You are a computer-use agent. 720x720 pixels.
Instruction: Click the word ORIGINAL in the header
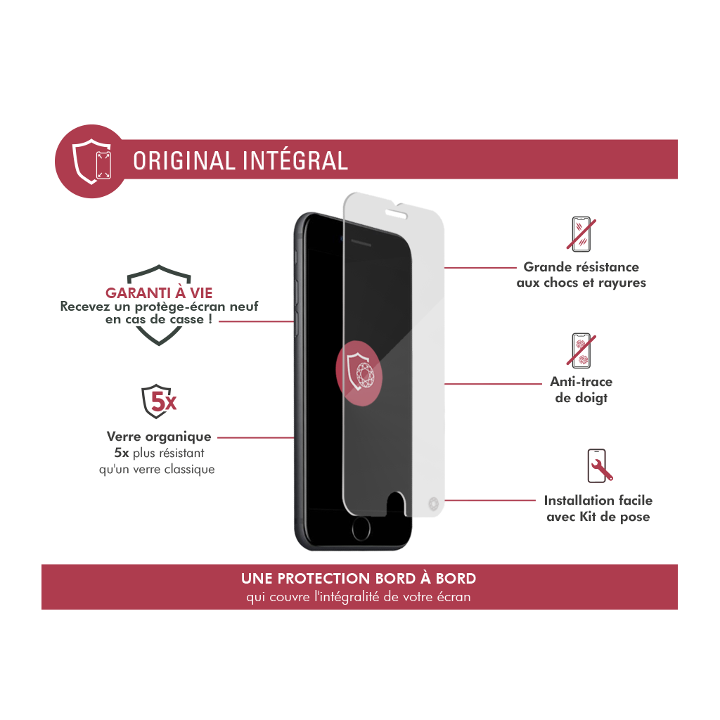184,161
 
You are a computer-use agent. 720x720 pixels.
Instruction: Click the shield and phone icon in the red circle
92,162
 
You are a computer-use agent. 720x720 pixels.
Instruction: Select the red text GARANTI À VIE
159,293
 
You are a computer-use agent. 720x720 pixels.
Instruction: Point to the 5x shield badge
158,401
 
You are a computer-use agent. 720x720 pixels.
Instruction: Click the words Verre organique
159,437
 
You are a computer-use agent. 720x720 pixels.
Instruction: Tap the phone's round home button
361,529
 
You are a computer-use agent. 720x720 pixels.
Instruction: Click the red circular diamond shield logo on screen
359,373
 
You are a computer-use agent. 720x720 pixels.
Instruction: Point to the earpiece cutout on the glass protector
396,214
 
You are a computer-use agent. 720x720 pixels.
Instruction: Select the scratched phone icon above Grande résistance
581,234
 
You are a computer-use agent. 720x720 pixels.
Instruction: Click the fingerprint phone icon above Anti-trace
581,350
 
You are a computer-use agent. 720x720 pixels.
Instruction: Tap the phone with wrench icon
599,465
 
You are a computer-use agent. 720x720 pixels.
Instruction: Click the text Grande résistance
581,266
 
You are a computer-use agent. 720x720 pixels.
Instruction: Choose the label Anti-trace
581,382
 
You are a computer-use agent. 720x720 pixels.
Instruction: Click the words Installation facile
598,500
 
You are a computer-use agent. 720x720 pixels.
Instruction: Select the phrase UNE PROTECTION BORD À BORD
359,578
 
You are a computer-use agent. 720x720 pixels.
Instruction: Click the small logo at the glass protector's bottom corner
433,503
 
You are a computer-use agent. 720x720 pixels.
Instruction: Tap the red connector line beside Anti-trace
493,384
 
